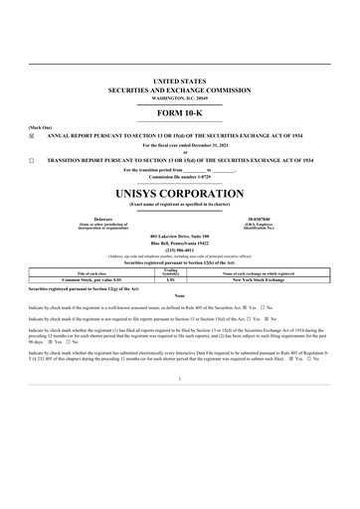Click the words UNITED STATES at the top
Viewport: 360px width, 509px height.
tap(180, 78)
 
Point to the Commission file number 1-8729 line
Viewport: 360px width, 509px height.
tap(180, 176)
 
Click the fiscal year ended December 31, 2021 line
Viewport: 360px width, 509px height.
tap(180, 145)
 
